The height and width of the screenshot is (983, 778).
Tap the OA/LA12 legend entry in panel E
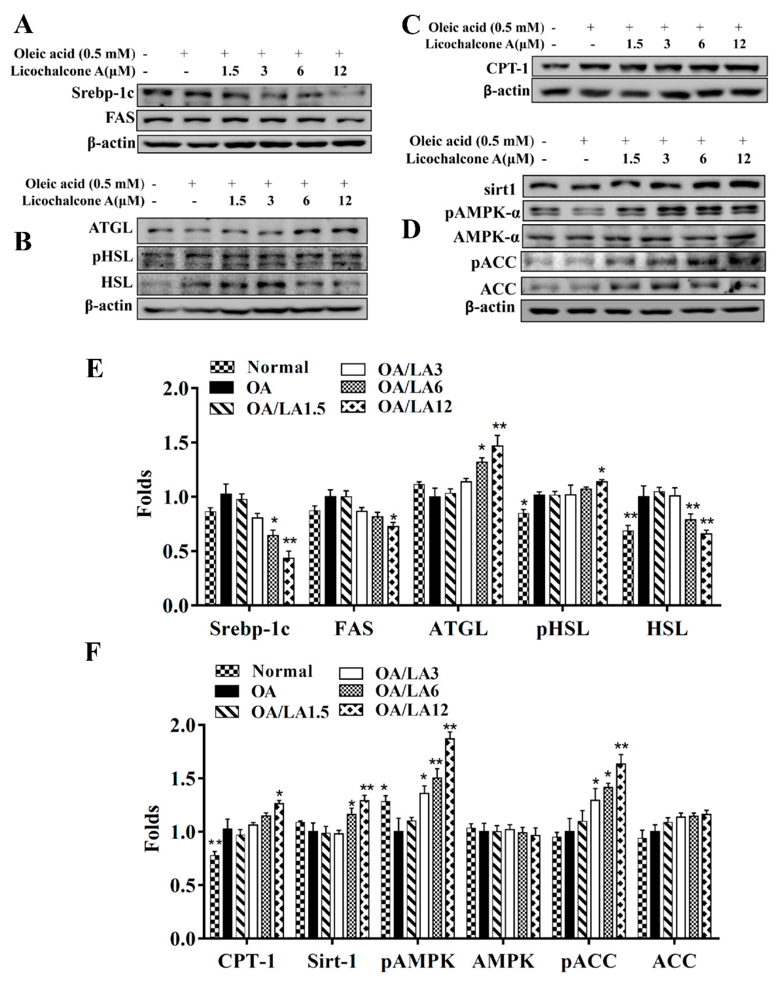click(415, 407)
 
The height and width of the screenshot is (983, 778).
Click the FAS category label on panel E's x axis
click(354, 629)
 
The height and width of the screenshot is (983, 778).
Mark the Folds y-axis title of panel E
click(145, 494)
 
